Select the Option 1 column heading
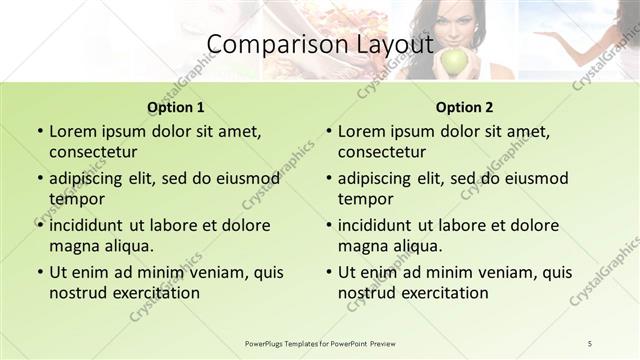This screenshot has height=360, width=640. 176,107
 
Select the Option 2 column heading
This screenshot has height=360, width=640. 465,107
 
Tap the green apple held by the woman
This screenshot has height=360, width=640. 455,63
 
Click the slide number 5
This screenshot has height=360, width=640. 590,343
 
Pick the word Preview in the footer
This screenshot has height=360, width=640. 390,343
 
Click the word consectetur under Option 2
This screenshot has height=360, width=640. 381,152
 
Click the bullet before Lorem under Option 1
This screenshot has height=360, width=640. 39,131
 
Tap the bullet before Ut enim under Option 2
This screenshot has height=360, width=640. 328,272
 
